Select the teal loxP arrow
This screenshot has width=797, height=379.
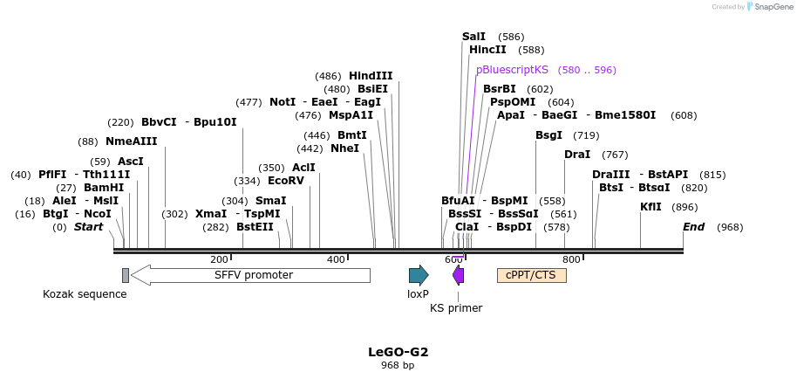coord(419,275)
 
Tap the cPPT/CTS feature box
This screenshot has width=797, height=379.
coord(531,275)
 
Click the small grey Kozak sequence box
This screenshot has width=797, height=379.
coord(126,275)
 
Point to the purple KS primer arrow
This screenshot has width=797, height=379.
coord(458,275)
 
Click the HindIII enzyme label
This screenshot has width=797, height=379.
coord(371,76)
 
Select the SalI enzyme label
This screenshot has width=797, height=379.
coord(473,37)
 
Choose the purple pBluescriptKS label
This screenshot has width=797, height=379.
coord(512,70)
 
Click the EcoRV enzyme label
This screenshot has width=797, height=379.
coord(286,181)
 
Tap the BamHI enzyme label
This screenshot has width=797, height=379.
coord(104,188)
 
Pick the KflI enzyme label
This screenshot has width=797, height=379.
coord(651,207)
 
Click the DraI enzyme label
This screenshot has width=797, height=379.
coord(577,155)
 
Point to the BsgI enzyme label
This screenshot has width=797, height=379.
coord(549,135)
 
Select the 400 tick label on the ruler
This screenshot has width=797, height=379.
coord(336,259)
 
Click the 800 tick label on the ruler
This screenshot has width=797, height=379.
coord(571,259)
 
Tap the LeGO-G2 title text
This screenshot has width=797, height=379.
coord(398,352)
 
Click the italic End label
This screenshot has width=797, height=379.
coord(693,227)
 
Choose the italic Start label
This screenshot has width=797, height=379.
coord(88,227)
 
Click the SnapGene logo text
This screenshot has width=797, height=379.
coord(773,7)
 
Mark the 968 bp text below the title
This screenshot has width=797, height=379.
coord(398,366)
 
